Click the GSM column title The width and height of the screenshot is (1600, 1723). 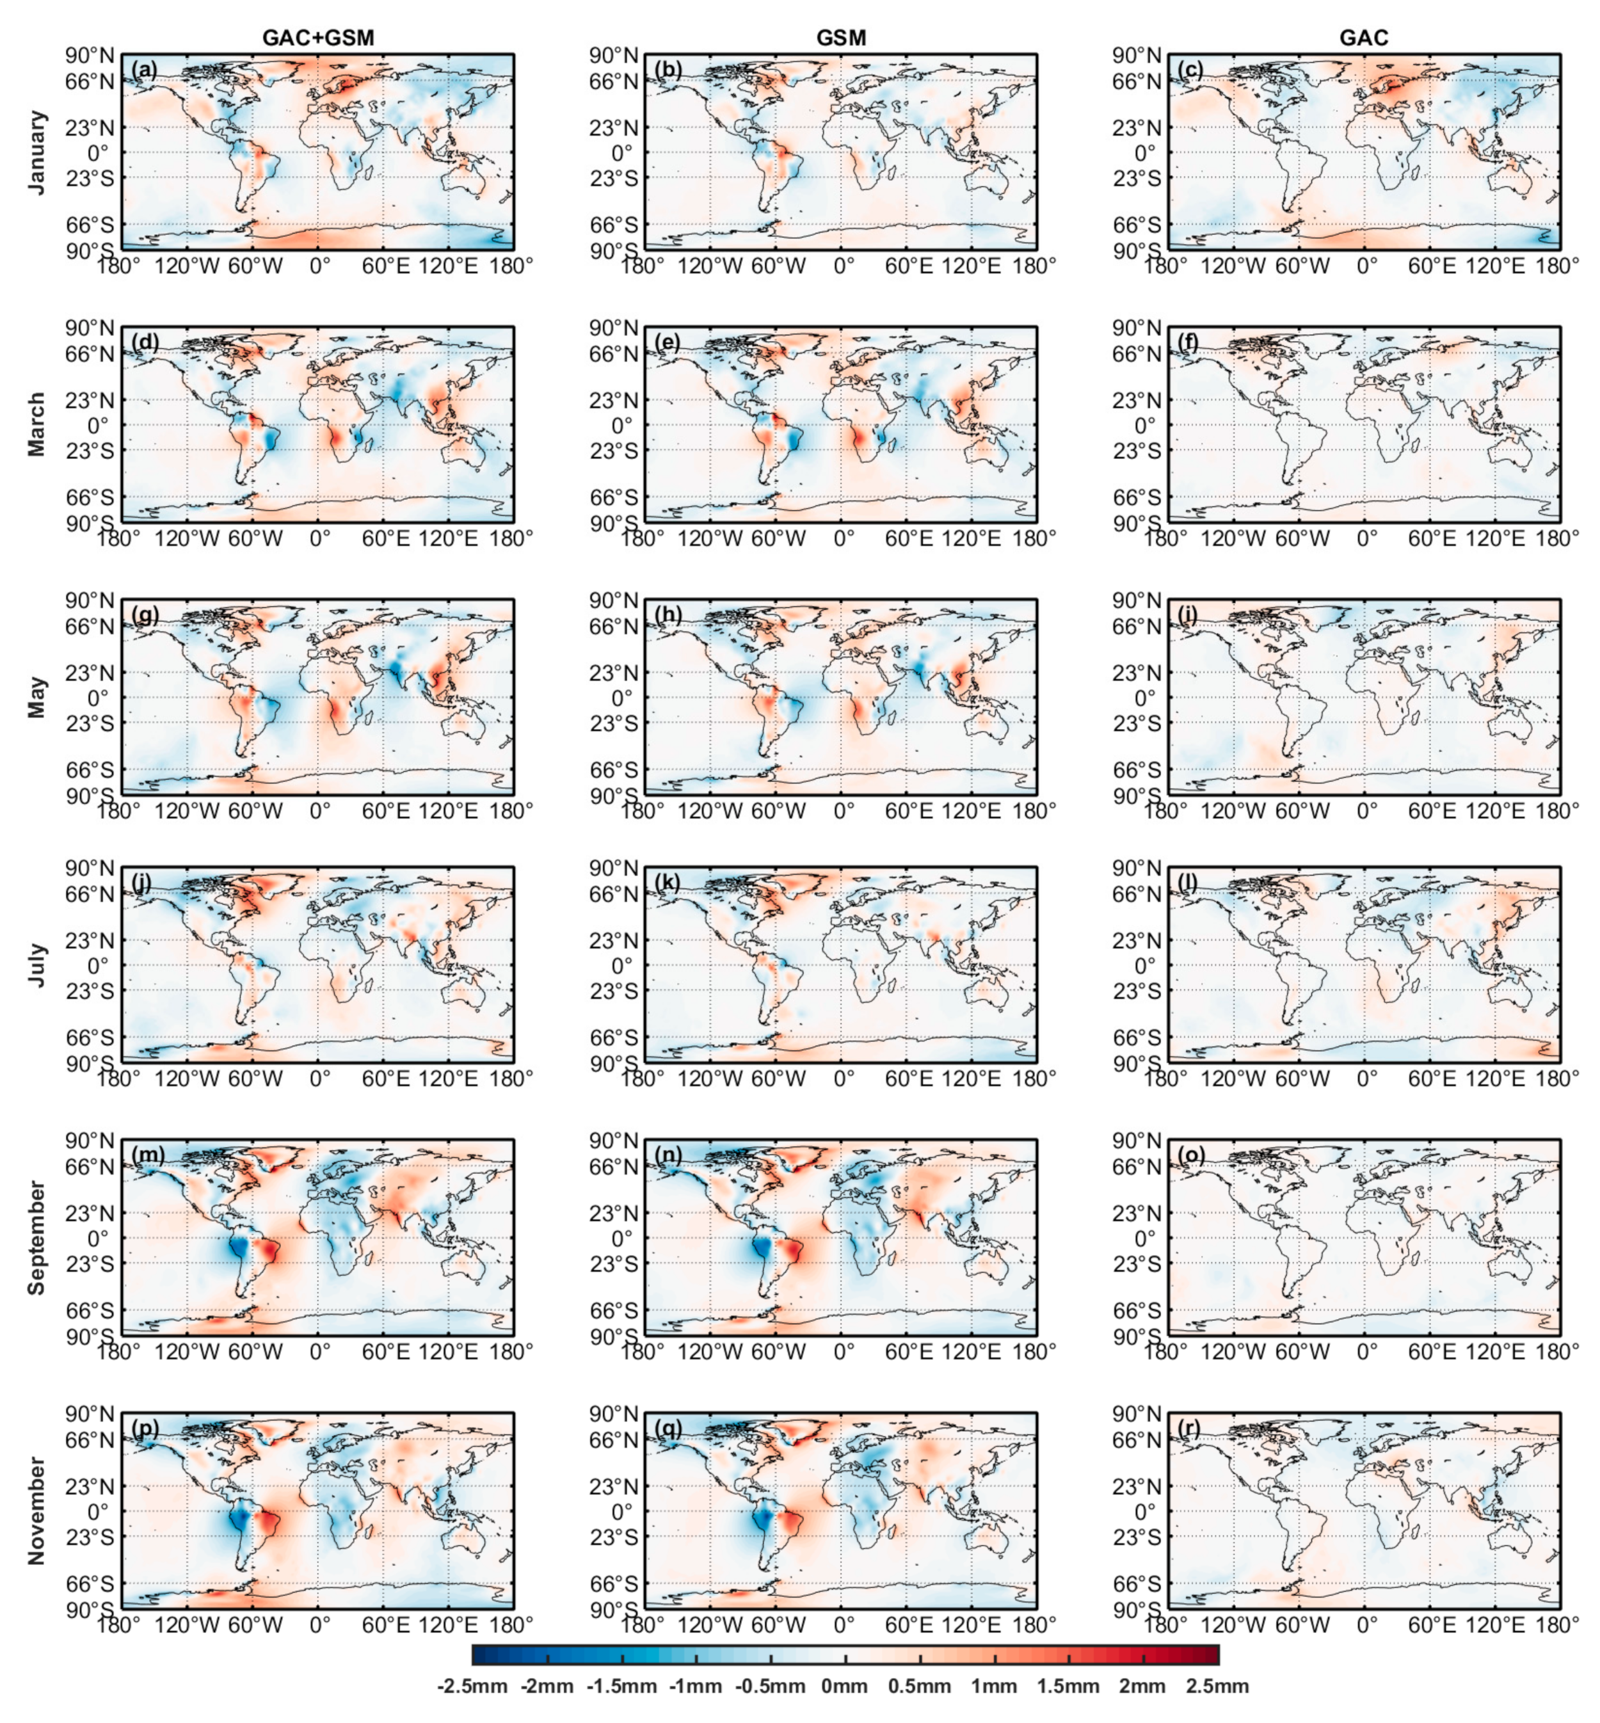(x=841, y=37)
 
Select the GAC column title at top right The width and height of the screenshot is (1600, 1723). (x=1364, y=37)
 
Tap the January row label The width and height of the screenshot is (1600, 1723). (x=36, y=152)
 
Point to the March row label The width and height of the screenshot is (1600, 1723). (x=36, y=424)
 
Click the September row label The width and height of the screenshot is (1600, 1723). (x=36, y=1237)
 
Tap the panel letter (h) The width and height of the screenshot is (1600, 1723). (x=668, y=614)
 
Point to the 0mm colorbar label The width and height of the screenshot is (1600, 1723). (x=845, y=1686)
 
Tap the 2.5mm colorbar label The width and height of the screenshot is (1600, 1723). (x=1217, y=1686)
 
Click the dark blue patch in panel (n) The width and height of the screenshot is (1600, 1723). (x=762, y=1247)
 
